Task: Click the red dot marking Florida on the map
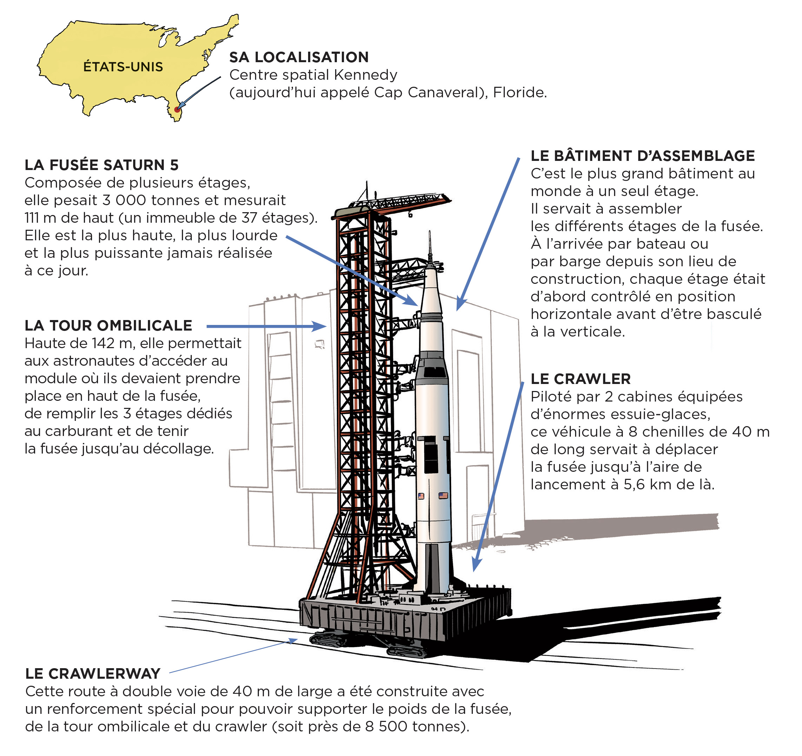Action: [x=177, y=109]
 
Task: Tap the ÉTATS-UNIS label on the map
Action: [x=123, y=66]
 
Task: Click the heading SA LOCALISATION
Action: [x=299, y=57]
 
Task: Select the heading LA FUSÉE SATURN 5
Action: [x=101, y=165]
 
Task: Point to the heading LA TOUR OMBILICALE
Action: [x=108, y=326]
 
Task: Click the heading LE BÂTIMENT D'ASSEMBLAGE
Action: [x=642, y=156]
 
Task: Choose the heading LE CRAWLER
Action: [x=580, y=379]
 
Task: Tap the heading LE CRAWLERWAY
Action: [x=93, y=674]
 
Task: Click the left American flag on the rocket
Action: [x=421, y=496]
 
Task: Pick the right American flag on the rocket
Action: [x=443, y=495]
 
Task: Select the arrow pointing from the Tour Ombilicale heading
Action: [x=266, y=326]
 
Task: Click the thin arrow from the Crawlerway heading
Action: [x=234, y=656]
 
